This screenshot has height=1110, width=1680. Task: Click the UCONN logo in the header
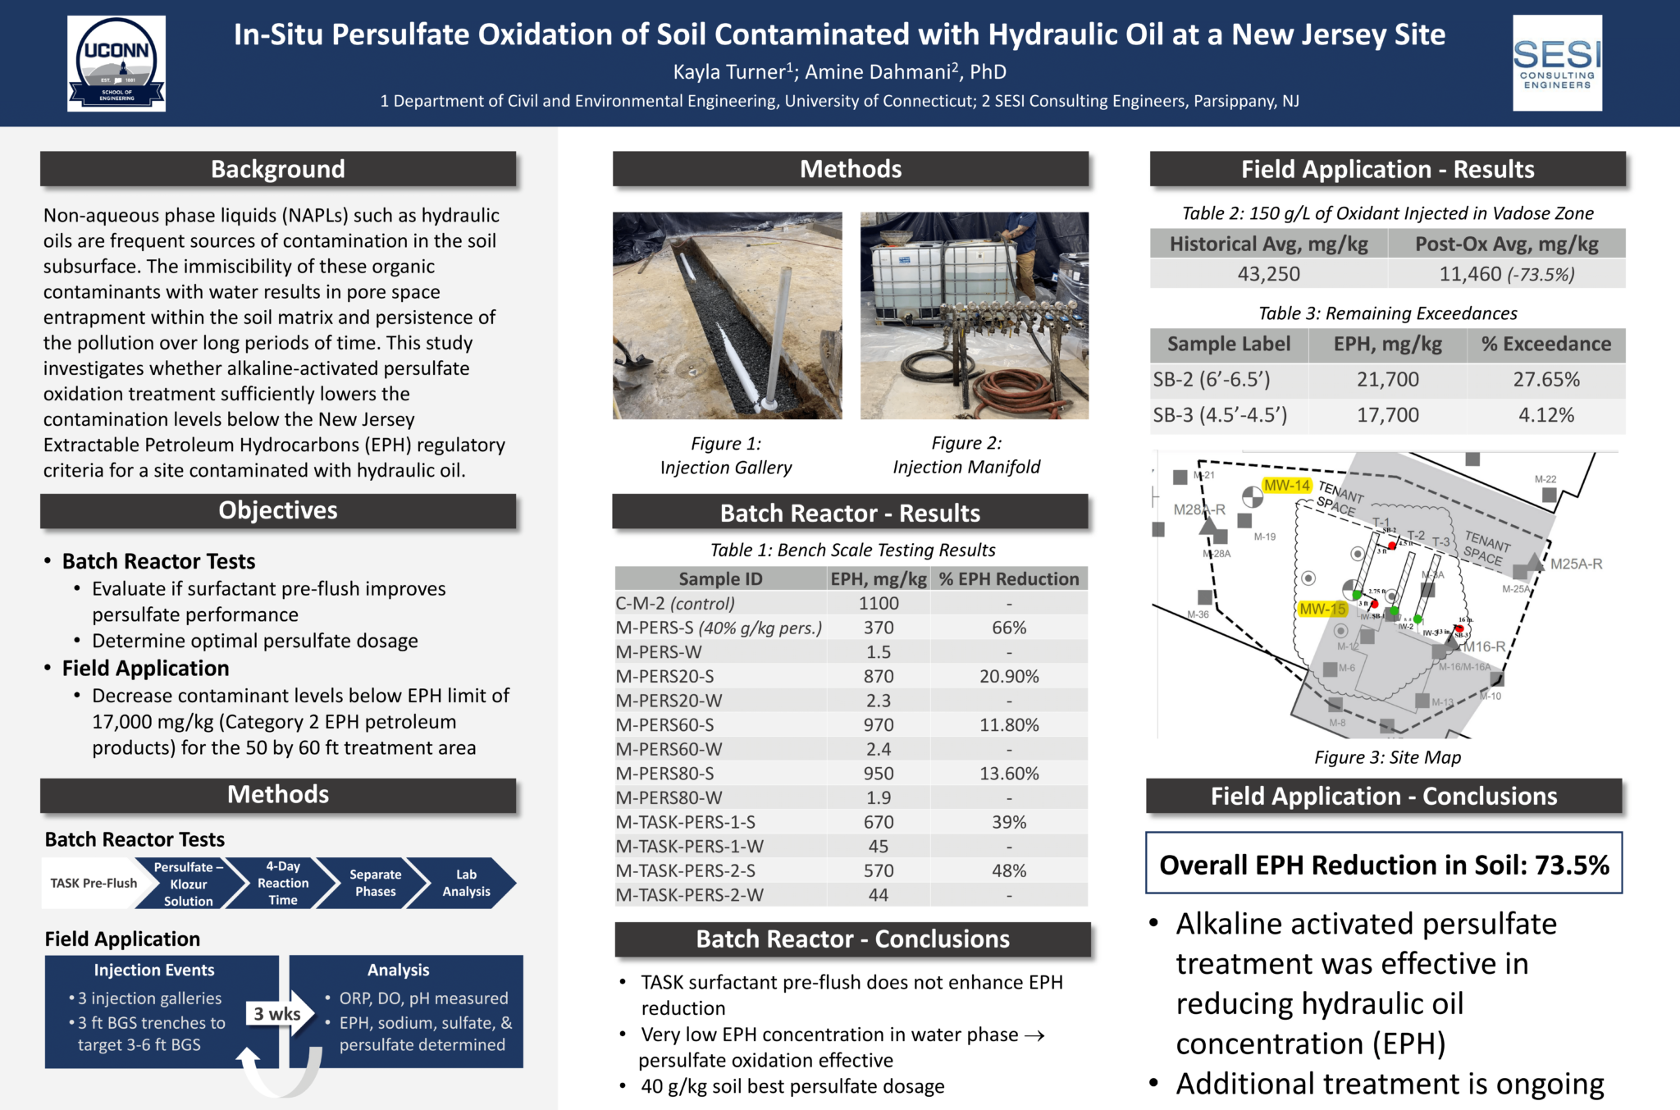pyautogui.click(x=116, y=63)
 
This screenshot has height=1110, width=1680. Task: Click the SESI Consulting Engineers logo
pyautogui.click(x=1557, y=63)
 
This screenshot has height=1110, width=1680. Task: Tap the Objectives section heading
pyautogui.click(x=278, y=510)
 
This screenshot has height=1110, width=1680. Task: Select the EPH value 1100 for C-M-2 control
pyautogui.click(x=879, y=604)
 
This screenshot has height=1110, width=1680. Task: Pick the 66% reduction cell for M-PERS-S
pyautogui.click(x=1009, y=628)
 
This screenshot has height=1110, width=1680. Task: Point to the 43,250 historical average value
pyautogui.click(x=1268, y=274)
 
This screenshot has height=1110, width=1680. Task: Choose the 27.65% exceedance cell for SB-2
pyautogui.click(x=1545, y=380)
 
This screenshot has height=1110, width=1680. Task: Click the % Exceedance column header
pyautogui.click(x=1545, y=345)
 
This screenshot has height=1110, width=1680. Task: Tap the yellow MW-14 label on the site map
pyautogui.click(x=1286, y=486)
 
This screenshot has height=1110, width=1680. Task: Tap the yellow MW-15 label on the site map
pyautogui.click(x=1322, y=610)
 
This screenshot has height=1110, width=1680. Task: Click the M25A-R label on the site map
pyautogui.click(x=1576, y=564)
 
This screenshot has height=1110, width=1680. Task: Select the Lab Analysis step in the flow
pyautogui.click(x=466, y=883)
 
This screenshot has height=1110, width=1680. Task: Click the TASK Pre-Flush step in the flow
pyautogui.click(x=94, y=883)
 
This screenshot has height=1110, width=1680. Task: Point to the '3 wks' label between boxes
pyautogui.click(x=276, y=1014)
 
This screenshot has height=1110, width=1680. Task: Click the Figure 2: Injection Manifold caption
pyautogui.click(x=966, y=455)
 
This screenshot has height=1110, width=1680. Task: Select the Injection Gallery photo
pyautogui.click(x=727, y=316)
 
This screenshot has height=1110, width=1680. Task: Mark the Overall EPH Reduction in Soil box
pyautogui.click(x=1384, y=865)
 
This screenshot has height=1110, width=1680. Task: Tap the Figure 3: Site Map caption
pyautogui.click(x=1387, y=757)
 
